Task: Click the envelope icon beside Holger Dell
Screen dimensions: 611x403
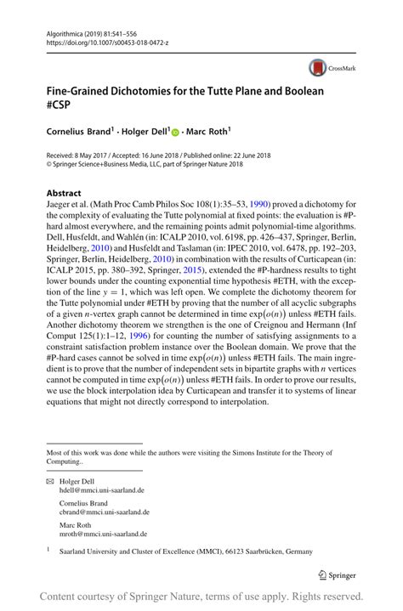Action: (49, 482)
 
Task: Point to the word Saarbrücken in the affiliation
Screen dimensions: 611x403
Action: (258, 552)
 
